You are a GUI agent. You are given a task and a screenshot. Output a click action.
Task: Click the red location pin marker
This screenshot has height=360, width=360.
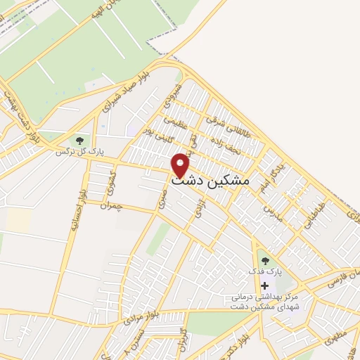181,165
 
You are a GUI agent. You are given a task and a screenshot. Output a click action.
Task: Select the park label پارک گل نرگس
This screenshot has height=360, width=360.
75,151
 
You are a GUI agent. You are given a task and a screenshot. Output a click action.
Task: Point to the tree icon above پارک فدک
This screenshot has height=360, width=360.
264,259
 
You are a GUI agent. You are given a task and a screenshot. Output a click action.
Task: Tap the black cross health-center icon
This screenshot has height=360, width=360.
264,285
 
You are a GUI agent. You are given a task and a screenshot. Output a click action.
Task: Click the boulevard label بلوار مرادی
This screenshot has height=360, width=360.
139,312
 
